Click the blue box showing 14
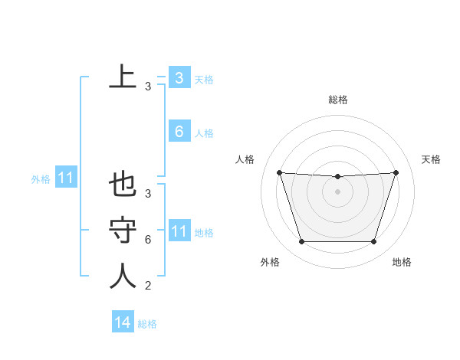123,322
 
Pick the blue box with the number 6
179,132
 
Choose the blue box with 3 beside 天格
179,78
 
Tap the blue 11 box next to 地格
179,231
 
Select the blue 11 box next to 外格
66,178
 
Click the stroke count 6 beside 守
147,240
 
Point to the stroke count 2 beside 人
147,286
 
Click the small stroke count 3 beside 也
147,194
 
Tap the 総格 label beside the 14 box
147,324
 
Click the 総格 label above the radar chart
337,100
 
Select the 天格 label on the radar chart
431,159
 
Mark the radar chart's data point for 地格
373,242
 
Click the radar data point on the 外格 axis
301,242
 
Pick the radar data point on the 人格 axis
279,172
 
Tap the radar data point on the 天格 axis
396,172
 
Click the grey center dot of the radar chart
337,191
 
